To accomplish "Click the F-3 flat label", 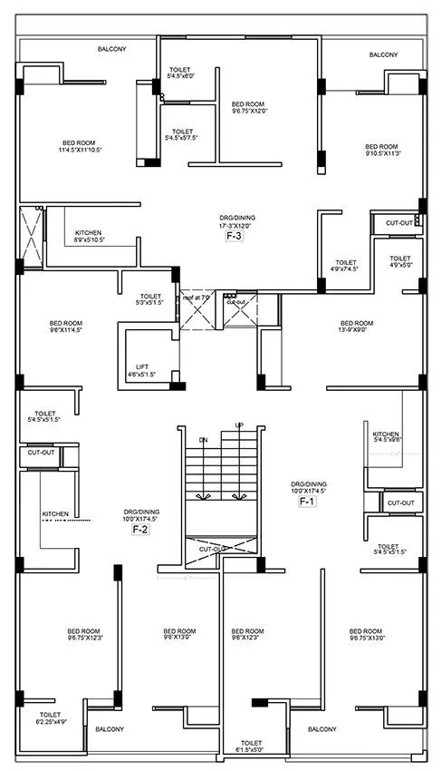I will click(x=234, y=236).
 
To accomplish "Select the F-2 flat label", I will click(x=140, y=528).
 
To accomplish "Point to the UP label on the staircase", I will click(x=239, y=425).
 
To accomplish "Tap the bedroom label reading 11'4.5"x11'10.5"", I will click(x=80, y=149).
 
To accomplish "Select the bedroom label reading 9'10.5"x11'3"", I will click(x=381, y=151).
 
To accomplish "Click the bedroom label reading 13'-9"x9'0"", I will click(x=356, y=327).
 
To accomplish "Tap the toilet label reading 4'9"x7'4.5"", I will click(x=344, y=265).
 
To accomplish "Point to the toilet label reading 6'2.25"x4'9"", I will click(x=50, y=719).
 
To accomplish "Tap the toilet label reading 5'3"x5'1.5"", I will click(x=151, y=299).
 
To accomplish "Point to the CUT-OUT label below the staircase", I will click(x=212, y=549).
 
